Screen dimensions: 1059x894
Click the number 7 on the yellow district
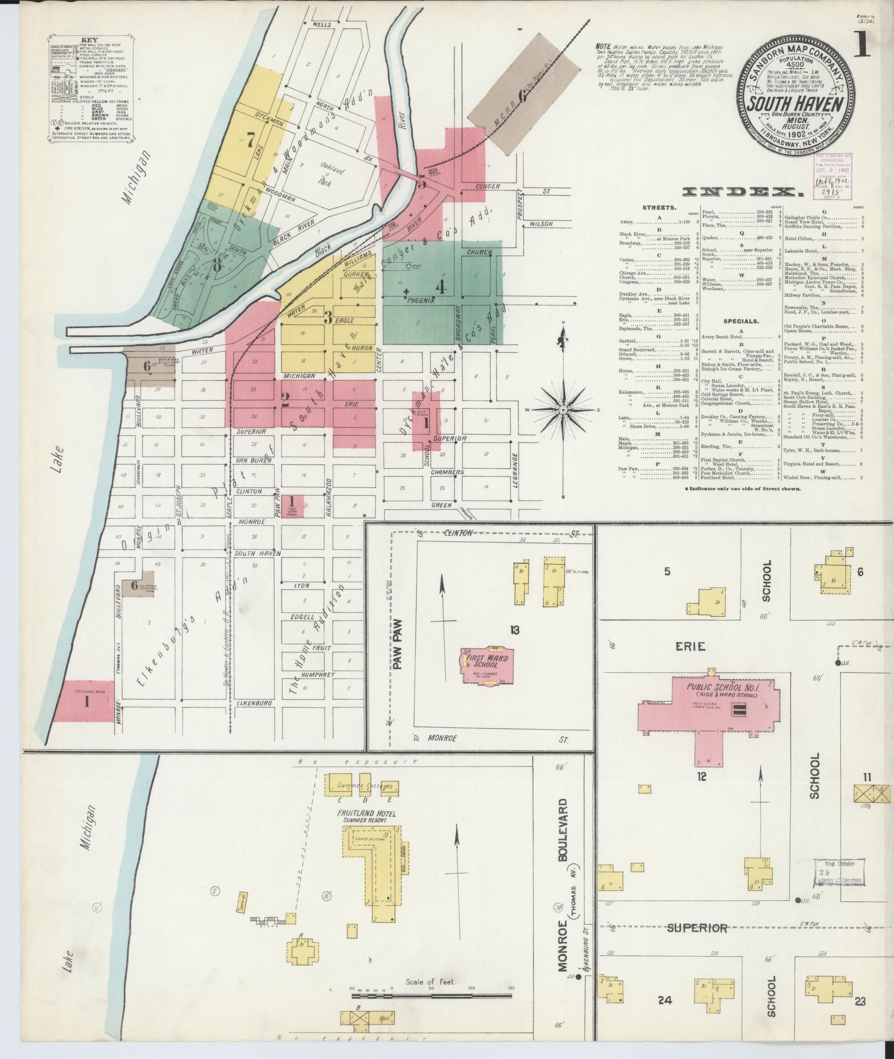click(250, 141)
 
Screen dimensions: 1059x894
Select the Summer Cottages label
click(359, 786)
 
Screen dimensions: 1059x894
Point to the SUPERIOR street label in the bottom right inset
click(697, 928)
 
